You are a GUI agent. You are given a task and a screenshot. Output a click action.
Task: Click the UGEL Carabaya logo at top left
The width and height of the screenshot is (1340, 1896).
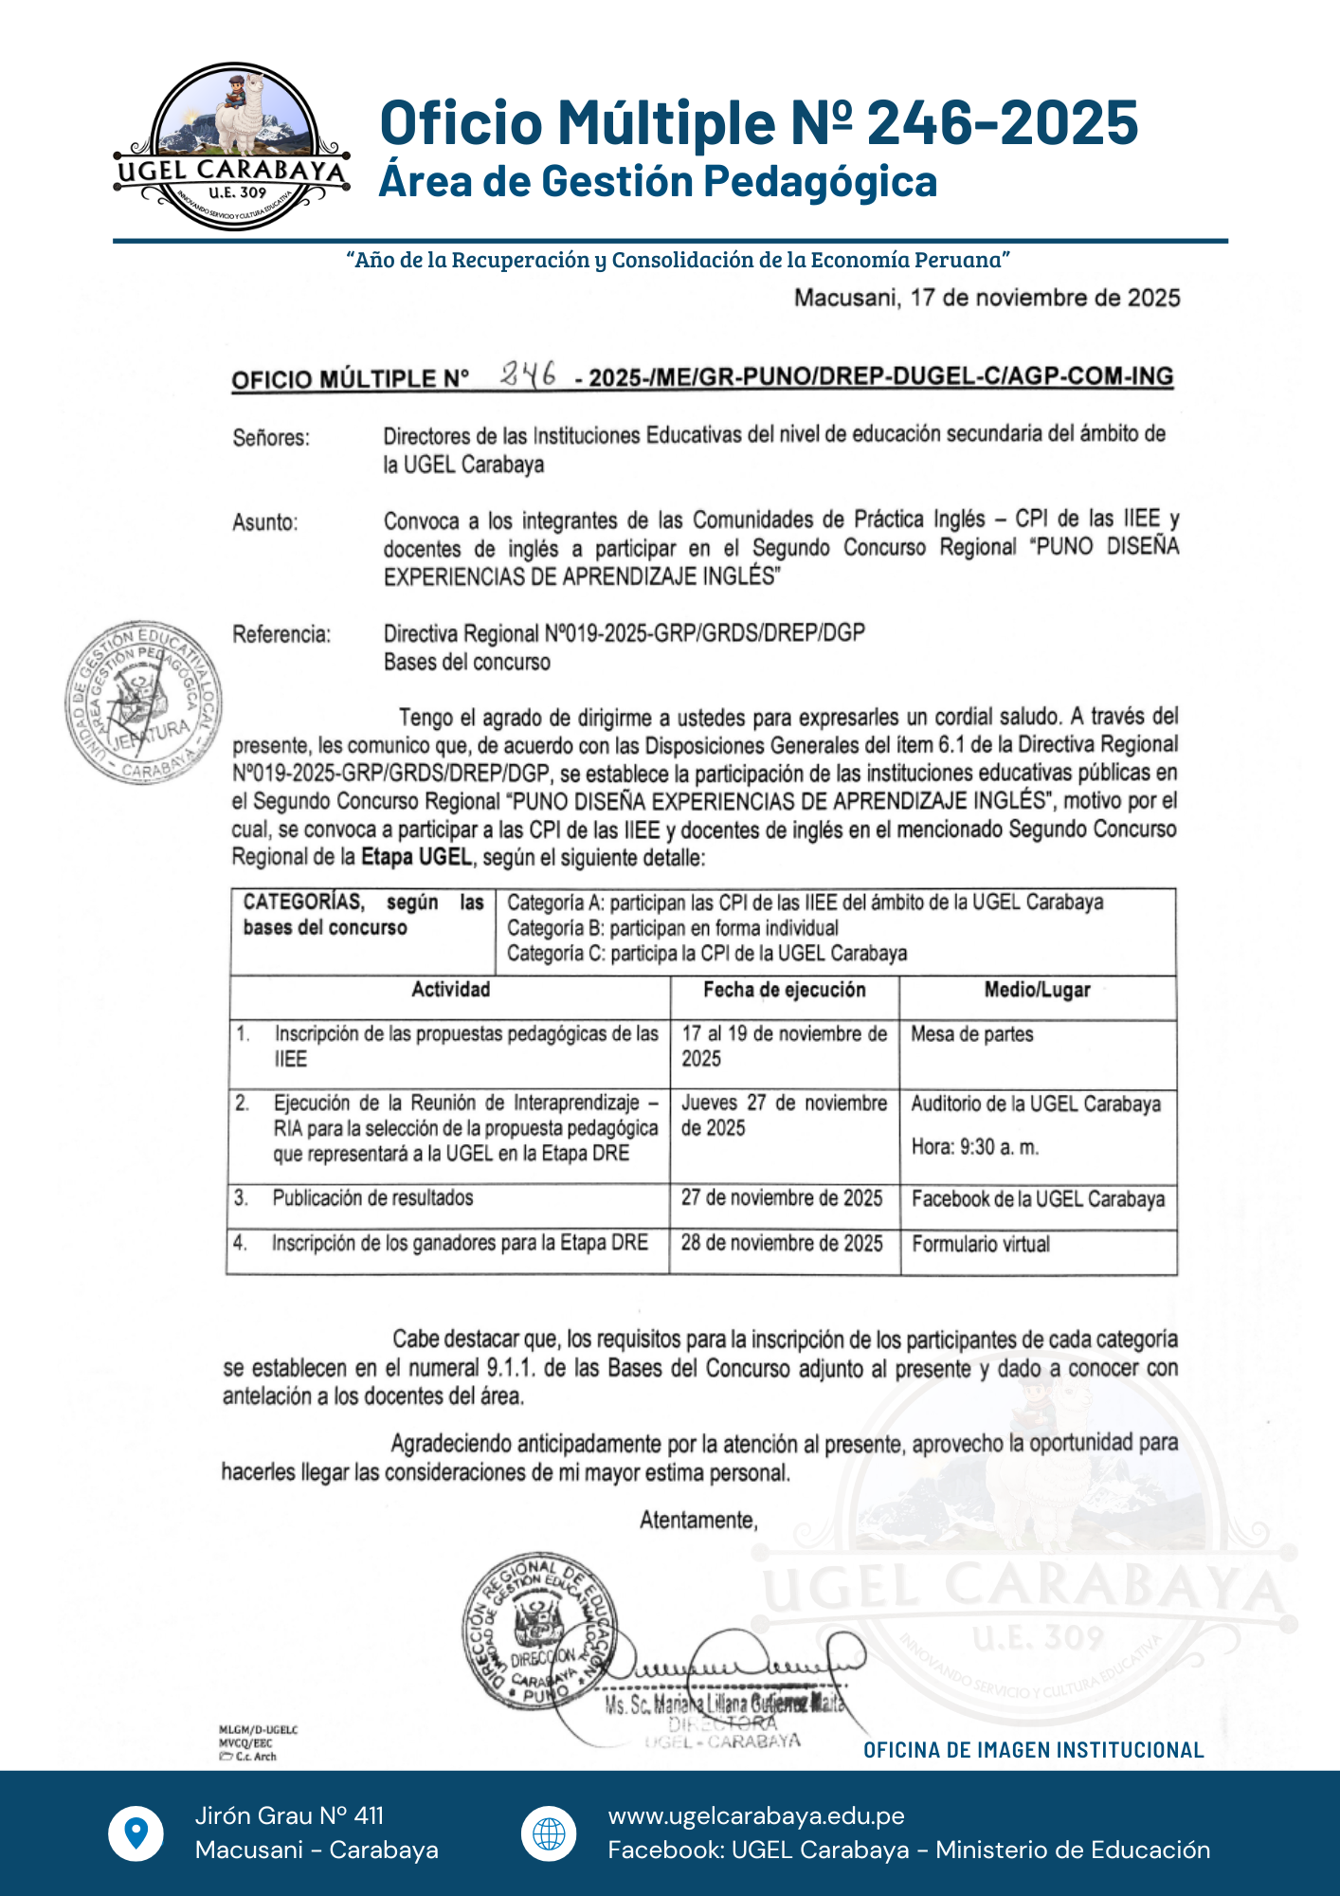pyautogui.click(x=232, y=147)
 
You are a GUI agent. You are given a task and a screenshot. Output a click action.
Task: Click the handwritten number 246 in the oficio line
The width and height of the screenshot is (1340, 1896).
pyautogui.click(x=529, y=375)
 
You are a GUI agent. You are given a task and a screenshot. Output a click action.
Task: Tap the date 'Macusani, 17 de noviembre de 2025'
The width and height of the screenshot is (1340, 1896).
pyautogui.click(x=987, y=298)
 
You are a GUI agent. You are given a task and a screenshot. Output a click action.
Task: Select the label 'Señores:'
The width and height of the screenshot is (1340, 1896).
pyautogui.click(x=271, y=438)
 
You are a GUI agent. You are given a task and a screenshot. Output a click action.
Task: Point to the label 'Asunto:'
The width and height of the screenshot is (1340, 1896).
pyautogui.click(x=265, y=522)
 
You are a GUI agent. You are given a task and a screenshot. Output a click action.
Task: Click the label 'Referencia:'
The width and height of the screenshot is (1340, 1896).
pyautogui.click(x=281, y=634)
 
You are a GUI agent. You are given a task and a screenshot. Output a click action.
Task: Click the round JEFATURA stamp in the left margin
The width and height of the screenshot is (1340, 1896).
pyautogui.click(x=143, y=702)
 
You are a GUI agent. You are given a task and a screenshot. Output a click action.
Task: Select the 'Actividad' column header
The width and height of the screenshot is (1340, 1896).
pyautogui.click(x=450, y=990)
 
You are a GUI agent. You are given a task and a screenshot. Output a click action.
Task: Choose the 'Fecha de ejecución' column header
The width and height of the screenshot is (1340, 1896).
pyautogui.click(x=784, y=990)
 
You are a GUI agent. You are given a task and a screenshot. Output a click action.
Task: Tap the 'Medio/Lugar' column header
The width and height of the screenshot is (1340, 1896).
pyautogui.click(x=1037, y=990)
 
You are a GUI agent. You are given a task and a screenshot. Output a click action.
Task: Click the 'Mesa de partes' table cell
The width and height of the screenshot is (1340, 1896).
pyautogui.click(x=971, y=1034)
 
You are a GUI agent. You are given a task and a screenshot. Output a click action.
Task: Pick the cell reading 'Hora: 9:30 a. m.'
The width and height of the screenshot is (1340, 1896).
pyautogui.click(x=975, y=1147)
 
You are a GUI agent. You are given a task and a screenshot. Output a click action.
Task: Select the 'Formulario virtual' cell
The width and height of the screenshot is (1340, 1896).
pyautogui.click(x=981, y=1244)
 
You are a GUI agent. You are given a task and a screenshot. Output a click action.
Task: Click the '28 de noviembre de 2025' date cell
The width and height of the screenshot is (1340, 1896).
pyautogui.click(x=782, y=1243)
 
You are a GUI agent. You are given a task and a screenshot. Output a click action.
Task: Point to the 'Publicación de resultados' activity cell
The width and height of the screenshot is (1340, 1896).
pyautogui.click(x=372, y=1198)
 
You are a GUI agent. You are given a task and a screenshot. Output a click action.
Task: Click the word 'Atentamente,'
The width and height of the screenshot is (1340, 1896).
pyautogui.click(x=698, y=1521)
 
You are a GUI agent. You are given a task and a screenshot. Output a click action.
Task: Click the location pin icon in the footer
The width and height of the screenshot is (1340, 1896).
pyautogui.click(x=136, y=1832)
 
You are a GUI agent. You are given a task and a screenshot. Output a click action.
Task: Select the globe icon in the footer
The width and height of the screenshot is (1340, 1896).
pyautogui.click(x=549, y=1833)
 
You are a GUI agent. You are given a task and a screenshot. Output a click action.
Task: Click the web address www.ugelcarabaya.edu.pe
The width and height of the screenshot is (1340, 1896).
pyautogui.click(x=756, y=1815)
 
